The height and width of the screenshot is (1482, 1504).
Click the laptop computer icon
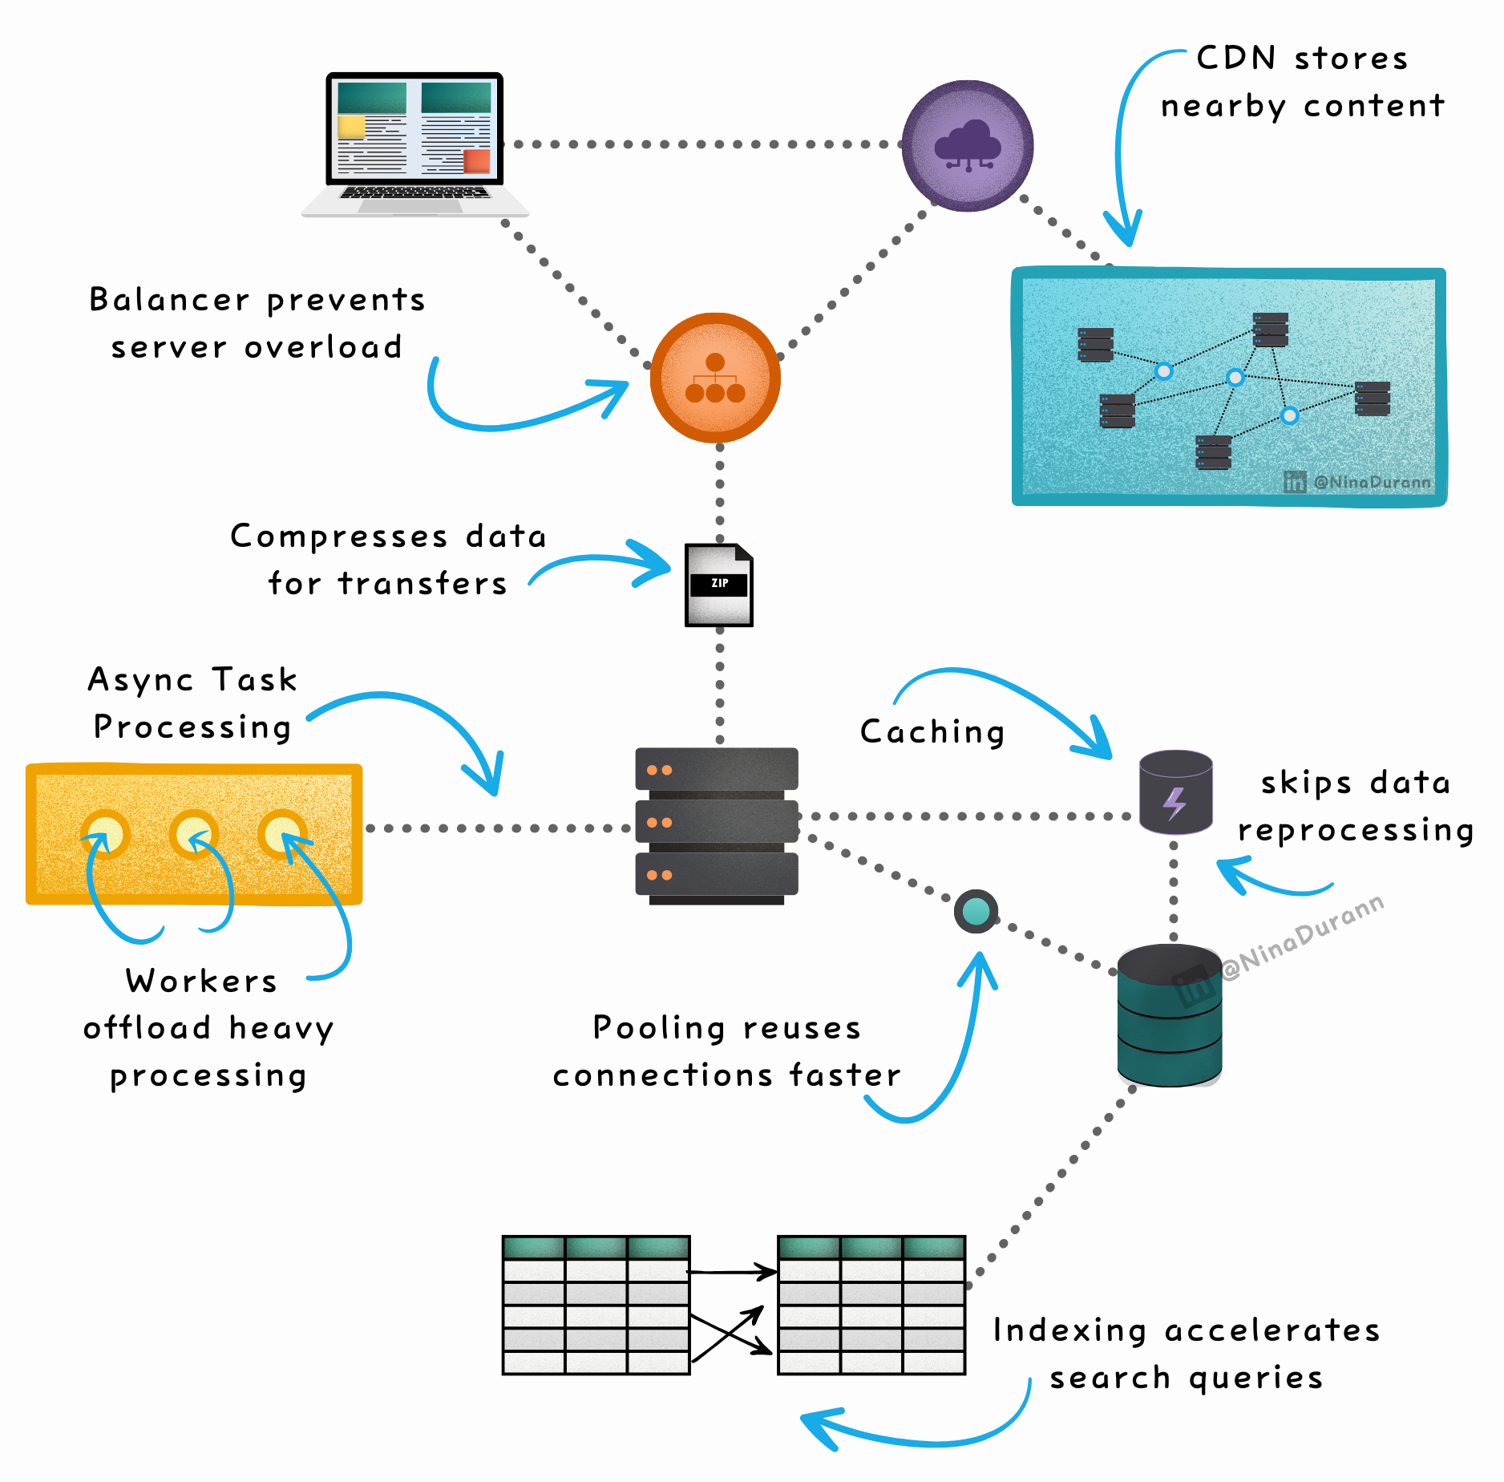pos(414,144)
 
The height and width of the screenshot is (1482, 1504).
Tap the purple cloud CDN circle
pos(968,146)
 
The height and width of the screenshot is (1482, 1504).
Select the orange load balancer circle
pos(715,378)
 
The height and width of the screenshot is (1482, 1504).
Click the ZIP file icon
pos(719,585)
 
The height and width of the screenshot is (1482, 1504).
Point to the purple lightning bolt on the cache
pos(1174,803)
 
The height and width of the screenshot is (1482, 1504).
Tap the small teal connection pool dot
pos(976,911)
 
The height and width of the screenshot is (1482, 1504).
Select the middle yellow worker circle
pos(193,834)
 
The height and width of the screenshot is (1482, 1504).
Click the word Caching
pos(932,731)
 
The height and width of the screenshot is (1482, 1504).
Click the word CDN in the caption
pos(1235,58)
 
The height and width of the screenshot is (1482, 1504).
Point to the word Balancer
pos(169,300)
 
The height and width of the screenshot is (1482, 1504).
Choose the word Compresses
pos(338,537)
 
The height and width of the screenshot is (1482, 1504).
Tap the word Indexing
pos(1069,1330)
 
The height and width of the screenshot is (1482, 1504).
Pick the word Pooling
pos(659,1028)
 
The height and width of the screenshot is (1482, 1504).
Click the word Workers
pos(201,981)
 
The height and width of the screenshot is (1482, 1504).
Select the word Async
pos(140,680)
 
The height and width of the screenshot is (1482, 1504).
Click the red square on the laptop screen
pos(476,161)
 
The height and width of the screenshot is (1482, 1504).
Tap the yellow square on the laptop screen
pos(351,128)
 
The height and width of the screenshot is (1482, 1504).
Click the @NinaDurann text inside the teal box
pos(1372,482)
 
